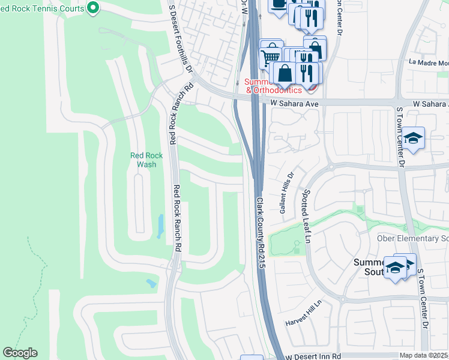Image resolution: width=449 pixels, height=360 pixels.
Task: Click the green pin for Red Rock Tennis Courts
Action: tap(93, 8)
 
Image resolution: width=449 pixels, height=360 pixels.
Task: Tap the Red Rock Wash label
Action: tap(143, 160)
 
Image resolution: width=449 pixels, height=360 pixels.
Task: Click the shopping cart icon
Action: tap(270, 58)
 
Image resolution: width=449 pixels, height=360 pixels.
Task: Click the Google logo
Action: tap(20, 353)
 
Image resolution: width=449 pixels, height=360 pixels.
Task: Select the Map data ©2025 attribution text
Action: tap(423, 356)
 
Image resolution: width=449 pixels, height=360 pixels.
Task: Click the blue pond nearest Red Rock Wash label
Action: tap(160, 226)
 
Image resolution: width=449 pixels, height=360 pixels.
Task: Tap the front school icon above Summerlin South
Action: tap(396, 268)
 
